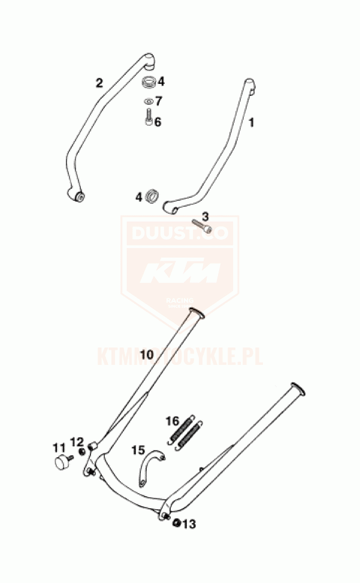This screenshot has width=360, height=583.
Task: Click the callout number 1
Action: tap(252, 122)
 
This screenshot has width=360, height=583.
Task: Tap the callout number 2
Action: tap(99, 83)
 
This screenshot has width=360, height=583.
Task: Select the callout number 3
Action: tap(205, 216)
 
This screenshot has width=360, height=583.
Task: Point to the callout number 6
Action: tap(158, 122)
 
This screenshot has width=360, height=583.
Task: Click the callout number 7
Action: tap(158, 101)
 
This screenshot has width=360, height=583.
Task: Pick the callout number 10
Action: tap(147, 355)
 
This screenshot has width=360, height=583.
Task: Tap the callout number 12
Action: tap(77, 442)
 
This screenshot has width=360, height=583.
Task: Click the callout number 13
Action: tap(189, 524)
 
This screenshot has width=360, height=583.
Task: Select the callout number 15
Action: tap(138, 449)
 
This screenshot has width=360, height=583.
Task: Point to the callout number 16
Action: tap(173, 421)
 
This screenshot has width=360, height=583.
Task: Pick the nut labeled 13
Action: tap(176, 524)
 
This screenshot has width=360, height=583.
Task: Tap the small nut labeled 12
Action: tap(81, 451)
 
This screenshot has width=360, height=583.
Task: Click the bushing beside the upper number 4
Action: tap(149, 81)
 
